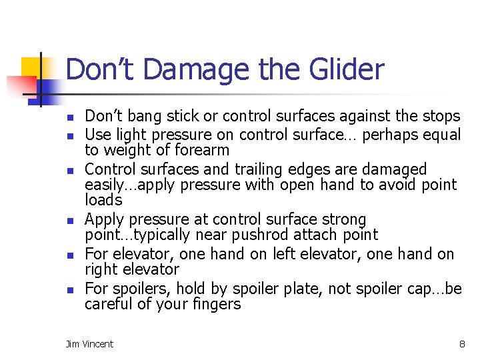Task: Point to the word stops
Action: coord(441,116)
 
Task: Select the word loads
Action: coord(103,200)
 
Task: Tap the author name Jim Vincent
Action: coord(89,344)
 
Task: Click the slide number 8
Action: coord(461,344)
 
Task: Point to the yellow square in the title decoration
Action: coord(32,67)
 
